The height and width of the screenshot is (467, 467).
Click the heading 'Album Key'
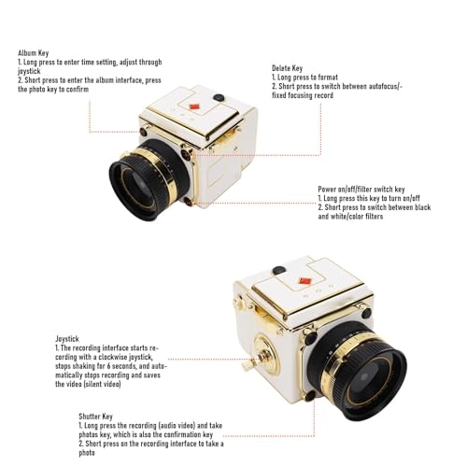coord(33,53)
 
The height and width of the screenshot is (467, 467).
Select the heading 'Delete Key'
coord(287,68)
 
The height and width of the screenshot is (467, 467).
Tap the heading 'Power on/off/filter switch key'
coord(361,190)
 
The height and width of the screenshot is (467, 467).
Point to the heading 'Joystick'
coord(67,339)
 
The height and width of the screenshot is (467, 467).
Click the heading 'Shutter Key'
coord(95,417)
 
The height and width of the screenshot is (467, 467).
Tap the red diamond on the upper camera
coord(194,106)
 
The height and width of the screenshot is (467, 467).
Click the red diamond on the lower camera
coord(305,281)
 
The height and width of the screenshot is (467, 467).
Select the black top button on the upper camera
coord(219,97)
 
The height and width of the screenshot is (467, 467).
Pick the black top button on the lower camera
coord(279,270)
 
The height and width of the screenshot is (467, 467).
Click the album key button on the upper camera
coord(144,132)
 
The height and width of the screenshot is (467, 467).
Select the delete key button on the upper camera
coord(186,154)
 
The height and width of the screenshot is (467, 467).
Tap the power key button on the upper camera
coord(189,202)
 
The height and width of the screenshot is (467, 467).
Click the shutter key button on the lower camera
coord(310,395)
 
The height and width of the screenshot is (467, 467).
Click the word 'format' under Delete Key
coord(325,78)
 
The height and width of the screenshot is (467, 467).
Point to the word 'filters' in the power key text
coord(373,216)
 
